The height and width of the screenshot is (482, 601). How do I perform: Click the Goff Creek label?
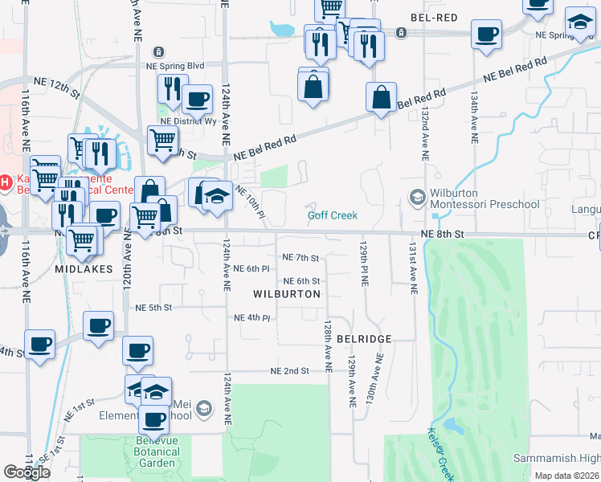pos(332,215)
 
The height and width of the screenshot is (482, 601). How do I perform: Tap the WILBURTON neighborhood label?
pos(287,294)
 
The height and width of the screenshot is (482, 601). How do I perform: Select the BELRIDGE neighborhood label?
pos(364,339)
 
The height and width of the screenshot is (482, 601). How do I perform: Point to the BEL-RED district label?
pos(433,18)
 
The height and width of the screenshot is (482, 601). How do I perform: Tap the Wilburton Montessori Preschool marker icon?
pos(417,196)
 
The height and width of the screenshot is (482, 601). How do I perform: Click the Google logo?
pos(27,472)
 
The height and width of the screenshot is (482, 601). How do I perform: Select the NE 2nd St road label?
pos(290,370)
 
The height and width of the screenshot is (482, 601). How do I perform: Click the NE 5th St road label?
pos(154,307)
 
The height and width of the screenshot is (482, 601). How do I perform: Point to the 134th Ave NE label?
pos(475,119)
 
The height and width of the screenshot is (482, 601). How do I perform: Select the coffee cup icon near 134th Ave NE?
pos(485,35)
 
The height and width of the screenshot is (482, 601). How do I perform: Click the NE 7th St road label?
pos(301,258)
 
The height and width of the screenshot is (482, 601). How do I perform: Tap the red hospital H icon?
pos(6,182)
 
